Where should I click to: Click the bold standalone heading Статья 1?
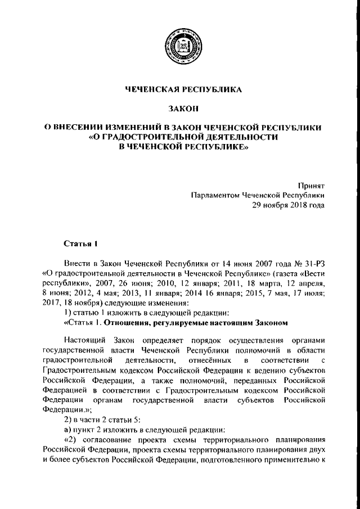point(80,243)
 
